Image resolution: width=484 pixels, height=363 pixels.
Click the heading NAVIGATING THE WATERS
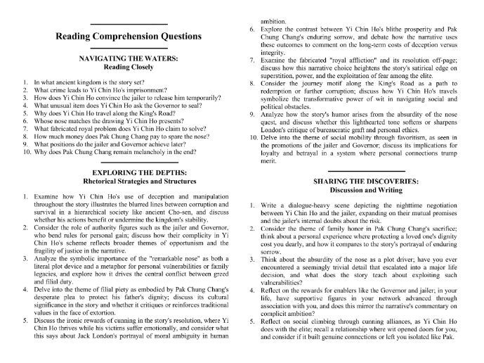point(128,60)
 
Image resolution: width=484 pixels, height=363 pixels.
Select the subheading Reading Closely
point(128,68)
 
